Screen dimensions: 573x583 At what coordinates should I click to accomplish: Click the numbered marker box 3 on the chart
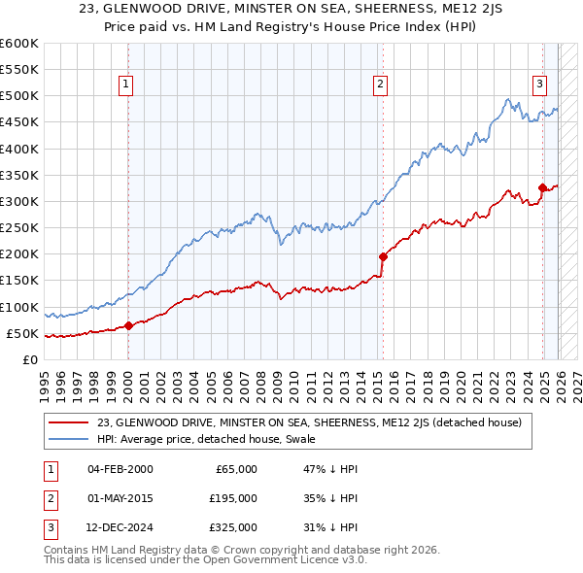[539, 84]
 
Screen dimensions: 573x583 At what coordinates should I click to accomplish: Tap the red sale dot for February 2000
[128, 326]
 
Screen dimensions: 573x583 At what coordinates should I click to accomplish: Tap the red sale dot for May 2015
[383, 257]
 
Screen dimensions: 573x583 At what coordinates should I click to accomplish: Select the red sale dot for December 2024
[542, 188]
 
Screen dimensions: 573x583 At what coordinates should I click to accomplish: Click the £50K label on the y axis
[22, 333]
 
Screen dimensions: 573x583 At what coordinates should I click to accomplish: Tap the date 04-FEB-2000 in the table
[120, 469]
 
